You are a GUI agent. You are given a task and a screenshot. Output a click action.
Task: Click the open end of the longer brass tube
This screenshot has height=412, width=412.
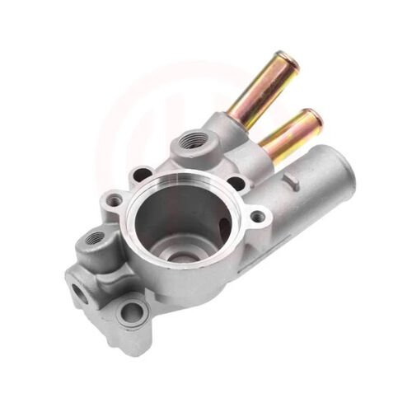(283, 59)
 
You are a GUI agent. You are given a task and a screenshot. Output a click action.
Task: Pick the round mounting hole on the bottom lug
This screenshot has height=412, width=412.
(131, 311)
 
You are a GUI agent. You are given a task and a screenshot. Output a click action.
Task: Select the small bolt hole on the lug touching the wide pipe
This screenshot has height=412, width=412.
(258, 217)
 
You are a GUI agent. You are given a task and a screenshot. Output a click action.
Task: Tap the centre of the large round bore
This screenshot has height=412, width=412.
(183, 218)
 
